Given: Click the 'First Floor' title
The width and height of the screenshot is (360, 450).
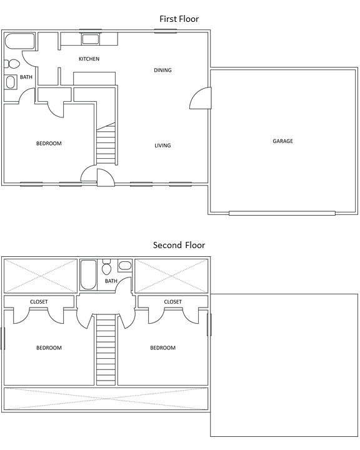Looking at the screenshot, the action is point(179,19).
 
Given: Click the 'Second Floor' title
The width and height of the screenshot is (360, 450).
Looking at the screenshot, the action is point(179,245).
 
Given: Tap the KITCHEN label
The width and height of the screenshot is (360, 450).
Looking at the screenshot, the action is point(89,59).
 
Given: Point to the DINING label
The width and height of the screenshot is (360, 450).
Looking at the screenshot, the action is point(162,70).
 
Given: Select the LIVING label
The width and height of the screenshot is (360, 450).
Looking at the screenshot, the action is point(162,146).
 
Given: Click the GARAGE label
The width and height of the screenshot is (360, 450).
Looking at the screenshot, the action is point(282,141).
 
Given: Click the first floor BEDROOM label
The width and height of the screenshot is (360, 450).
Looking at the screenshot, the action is point(49,144).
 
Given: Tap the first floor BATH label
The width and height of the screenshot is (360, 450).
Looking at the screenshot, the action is point(26,77).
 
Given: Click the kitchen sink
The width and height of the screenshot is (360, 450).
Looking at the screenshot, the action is point(91,39).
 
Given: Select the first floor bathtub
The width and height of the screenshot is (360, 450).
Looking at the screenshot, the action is point(20,41).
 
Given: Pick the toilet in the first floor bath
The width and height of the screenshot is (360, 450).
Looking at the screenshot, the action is point(12,64).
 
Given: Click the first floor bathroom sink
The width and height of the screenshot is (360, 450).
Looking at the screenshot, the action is point(11,82).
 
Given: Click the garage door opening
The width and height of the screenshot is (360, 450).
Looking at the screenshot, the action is point(282,213).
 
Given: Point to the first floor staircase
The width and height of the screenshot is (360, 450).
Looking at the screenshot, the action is point(106,144).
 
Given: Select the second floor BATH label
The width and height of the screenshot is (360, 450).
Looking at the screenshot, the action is point(111,281).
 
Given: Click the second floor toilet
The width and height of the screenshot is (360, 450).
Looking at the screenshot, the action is point(106,267).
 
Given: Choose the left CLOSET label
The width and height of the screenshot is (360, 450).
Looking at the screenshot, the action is point(39,302).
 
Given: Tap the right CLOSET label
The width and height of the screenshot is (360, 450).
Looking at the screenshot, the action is point(173,302).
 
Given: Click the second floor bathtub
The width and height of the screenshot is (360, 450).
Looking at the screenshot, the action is point(88,274).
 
